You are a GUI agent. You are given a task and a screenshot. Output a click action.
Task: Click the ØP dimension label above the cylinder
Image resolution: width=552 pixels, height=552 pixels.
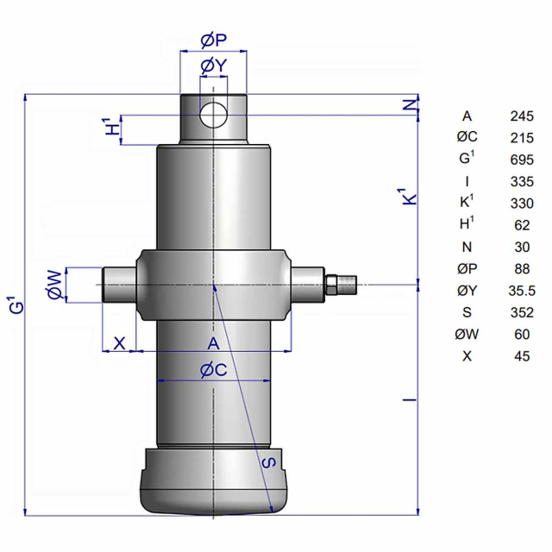214,41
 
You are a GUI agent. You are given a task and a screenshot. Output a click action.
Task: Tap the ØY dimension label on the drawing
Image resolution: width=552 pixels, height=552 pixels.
214,66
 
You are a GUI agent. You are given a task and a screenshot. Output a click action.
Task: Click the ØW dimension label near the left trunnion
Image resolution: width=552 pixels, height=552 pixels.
55,285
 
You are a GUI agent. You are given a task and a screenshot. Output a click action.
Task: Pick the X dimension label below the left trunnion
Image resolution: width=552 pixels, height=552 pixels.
120,342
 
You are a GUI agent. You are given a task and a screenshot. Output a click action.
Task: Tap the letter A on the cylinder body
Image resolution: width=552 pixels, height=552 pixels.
213,343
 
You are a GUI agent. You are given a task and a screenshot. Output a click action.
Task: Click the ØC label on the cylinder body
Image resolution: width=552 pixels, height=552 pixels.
214,370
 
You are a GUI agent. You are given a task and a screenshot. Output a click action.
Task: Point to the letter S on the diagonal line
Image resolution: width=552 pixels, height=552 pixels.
269,462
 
